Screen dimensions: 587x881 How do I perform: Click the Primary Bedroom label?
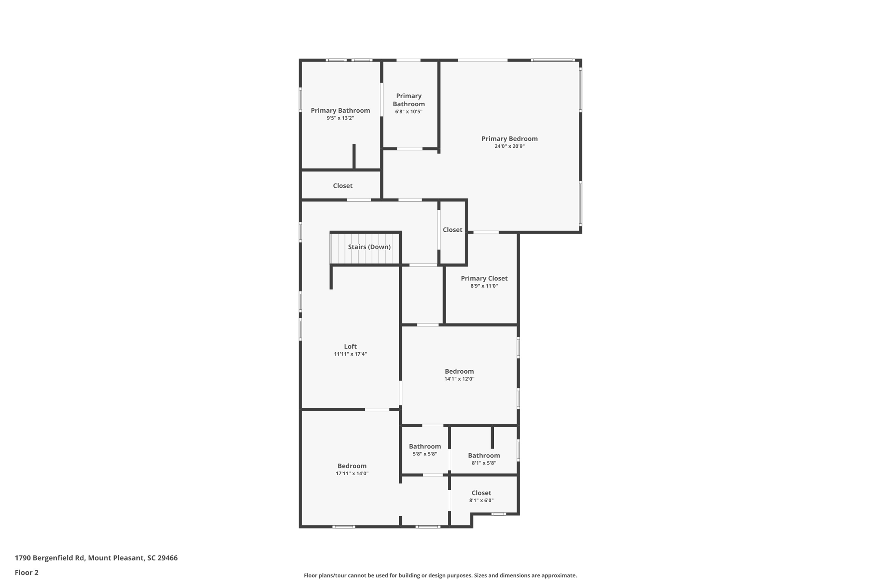point(509,138)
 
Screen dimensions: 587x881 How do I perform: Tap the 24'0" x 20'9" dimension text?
point(509,146)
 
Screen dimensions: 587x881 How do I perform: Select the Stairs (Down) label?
point(369,247)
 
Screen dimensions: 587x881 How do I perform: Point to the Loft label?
point(350,346)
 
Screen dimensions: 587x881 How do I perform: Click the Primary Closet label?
point(484,278)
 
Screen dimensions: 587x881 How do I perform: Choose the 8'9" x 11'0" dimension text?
point(484,286)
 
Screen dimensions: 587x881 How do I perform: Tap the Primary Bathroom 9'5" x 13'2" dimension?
point(340,118)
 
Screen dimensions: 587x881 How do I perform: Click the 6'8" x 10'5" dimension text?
point(409,112)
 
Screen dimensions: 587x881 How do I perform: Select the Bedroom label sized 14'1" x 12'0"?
point(459,371)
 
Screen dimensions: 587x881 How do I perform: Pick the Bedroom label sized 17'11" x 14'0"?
point(352,466)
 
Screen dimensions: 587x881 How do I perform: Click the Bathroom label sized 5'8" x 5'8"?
point(425,446)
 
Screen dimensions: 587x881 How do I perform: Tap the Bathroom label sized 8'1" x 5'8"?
point(484,455)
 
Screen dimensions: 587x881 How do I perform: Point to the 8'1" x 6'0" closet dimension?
point(481,501)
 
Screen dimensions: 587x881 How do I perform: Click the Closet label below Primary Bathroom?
point(342,186)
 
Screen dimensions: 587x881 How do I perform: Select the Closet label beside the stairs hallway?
point(453,230)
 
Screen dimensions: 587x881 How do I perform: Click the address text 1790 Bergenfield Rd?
point(96,558)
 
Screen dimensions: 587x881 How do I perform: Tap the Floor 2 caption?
point(27,572)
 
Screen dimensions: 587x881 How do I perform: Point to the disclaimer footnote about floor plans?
point(440,575)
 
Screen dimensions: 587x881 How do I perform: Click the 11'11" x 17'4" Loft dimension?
point(350,354)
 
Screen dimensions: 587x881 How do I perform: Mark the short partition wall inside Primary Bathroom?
point(354,157)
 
